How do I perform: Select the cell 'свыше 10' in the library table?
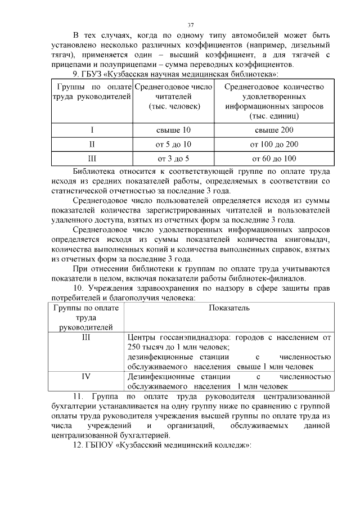click(173, 130)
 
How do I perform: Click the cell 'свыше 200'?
click(274, 130)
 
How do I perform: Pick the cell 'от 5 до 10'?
click(173, 145)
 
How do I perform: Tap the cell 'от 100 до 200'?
click(274, 145)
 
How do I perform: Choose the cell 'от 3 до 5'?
click(173, 159)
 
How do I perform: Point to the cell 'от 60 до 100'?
click(274, 159)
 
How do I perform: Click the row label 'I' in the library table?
click(92, 130)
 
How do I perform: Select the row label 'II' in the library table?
click(92, 145)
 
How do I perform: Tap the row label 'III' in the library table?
click(92, 159)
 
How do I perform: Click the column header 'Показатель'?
click(229, 308)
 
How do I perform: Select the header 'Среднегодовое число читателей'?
click(173, 96)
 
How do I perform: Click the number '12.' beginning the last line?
click(79, 445)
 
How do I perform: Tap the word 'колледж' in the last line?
click(228, 445)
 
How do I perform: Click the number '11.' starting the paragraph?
click(79, 396)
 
